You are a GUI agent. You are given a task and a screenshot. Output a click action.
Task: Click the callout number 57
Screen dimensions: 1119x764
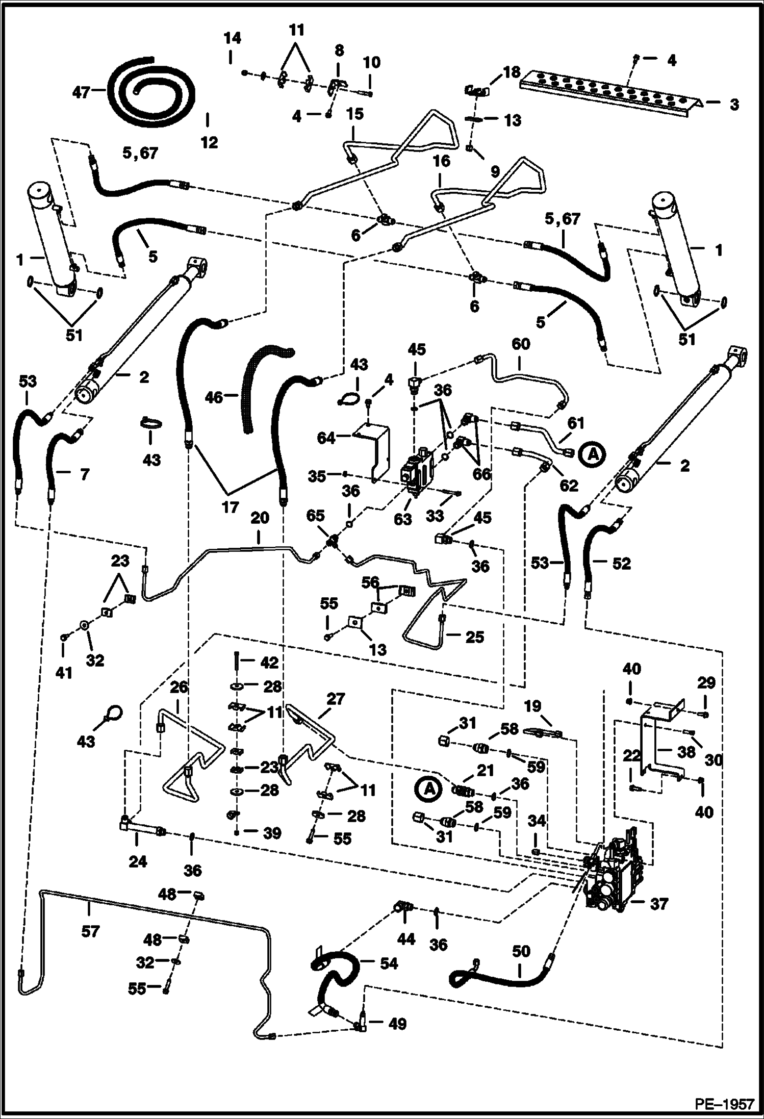[90, 932]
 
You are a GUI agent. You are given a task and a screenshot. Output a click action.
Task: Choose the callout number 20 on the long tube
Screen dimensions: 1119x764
[259, 518]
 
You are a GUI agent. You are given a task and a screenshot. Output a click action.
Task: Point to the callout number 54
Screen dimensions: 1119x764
[388, 963]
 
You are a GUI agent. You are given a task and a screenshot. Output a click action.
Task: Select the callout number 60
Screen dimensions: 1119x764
[520, 344]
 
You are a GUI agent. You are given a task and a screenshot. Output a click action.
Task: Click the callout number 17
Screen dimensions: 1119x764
[230, 507]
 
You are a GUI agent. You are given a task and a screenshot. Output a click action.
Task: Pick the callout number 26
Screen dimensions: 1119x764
[179, 687]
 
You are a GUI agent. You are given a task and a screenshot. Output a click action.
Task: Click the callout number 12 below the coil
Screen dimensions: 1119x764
[209, 142]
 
